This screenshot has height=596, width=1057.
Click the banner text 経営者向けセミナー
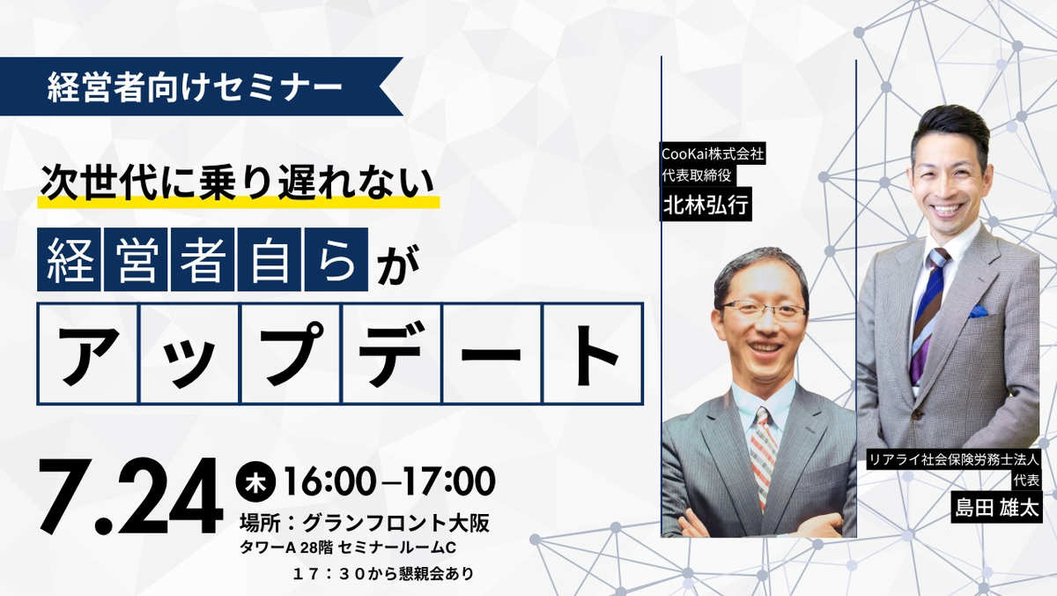pyautogui.click(x=195, y=87)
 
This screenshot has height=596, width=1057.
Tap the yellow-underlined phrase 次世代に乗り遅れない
pyautogui.click(x=237, y=182)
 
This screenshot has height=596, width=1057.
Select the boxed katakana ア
pyautogui.click(x=88, y=354)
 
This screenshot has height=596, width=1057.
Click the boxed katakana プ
pyautogui.click(x=291, y=354)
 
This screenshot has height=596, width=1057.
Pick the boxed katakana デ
pyautogui.click(x=392, y=354)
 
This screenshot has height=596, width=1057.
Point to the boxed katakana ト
pyautogui.click(x=594, y=354)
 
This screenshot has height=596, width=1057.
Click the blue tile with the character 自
pyautogui.click(x=270, y=259)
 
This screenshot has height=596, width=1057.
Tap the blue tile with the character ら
pyautogui.click(x=336, y=259)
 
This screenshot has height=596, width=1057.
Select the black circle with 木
pyautogui.click(x=255, y=481)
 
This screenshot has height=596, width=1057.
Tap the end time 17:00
pyautogui.click(x=448, y=481)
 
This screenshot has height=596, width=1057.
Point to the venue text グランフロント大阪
pyautogui.click(x=395, y=524)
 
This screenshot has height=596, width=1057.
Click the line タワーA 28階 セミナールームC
pyautogui.click(x=348, y=548)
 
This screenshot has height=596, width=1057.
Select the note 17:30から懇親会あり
pyautogui.click(x=382, y=574)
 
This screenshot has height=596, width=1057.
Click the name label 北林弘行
pyautogui.click(x=706, y=205)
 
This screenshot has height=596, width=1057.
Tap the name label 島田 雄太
pyautogui.click(x=996, y=508)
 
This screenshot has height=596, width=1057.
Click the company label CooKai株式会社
pyautogui.click(x=713, y=153)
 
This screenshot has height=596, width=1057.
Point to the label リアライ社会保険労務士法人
pyautogui.click(x=954, y=459)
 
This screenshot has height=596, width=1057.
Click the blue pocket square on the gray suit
pyautogui.click(x=978, y=311)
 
